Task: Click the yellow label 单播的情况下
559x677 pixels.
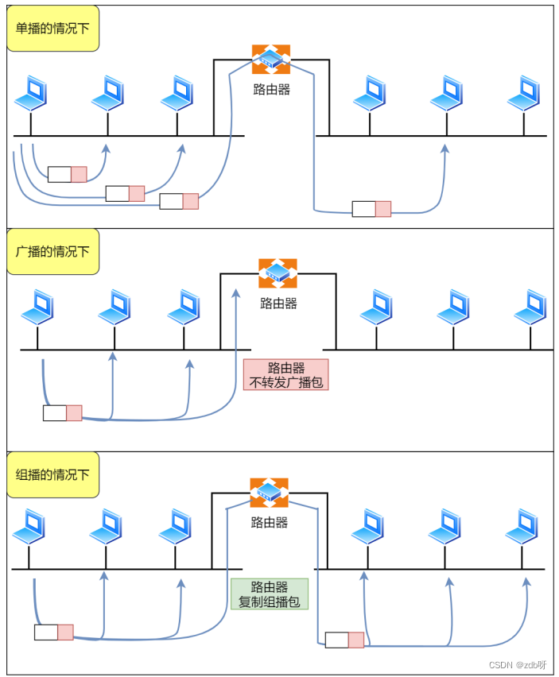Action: coord(53,29)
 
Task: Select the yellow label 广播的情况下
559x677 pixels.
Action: coord(53,251)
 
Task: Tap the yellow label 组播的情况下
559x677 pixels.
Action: coord(53,474)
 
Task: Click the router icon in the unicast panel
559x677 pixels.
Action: coord(271,60)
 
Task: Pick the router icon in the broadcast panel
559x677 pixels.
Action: coord(278,273)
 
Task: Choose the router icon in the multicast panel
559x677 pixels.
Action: coord(269,493)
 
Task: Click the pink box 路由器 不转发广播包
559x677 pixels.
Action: coord(286,375)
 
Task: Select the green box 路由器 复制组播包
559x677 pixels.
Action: coord(269,594)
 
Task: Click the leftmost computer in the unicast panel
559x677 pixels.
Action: coord(32,93)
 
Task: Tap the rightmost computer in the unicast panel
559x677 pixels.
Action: coord(524,93)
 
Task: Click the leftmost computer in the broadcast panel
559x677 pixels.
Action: coord(38,307)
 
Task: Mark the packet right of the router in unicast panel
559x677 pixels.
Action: coord(371,209)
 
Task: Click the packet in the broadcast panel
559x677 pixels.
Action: coord(63,413)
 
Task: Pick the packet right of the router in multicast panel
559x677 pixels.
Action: coord(344,640)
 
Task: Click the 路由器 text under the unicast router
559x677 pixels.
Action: coord(271,89)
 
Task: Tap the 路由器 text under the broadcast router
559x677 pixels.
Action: coord(278,303)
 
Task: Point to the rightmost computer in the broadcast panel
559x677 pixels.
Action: coord(530,307)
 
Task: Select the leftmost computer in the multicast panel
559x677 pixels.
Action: coord(29,526)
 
